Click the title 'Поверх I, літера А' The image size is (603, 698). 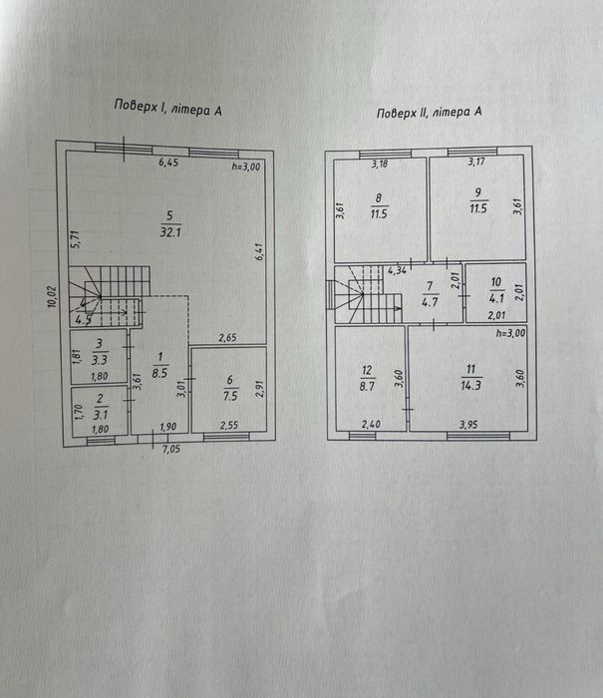click(167, 108)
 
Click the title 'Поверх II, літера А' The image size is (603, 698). click(429, 112)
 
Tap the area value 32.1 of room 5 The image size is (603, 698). click(170, 232)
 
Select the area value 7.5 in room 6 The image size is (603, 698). click(230, 395)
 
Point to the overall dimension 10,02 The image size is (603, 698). click(53, 296)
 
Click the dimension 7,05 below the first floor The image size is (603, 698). click(171, 449)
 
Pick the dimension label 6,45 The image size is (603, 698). click(168, 163)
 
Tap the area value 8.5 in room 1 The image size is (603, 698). click(159, 373)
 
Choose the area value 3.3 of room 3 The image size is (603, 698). click(100, 359)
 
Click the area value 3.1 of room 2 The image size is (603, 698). click(101, 415)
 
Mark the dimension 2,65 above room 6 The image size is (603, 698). click(227, 338)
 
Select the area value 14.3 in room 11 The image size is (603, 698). click(470, 385)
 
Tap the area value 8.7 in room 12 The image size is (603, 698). click(367, 386)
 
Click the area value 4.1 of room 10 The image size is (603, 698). click(496, 298)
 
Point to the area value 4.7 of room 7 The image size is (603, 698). click(430, 302)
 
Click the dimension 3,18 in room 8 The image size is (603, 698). click(380, 164)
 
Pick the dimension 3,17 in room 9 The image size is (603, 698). click(476, 162)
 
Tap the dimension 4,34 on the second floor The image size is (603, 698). click(397, 270)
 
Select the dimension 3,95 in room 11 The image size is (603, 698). click(468, 425)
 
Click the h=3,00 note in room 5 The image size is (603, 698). click(246, 167)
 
